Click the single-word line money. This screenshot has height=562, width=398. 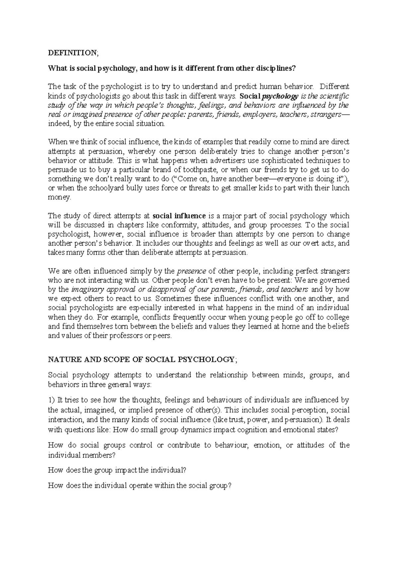click(x=59, y=198)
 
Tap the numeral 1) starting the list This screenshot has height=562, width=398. click(x=51, y=400)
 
